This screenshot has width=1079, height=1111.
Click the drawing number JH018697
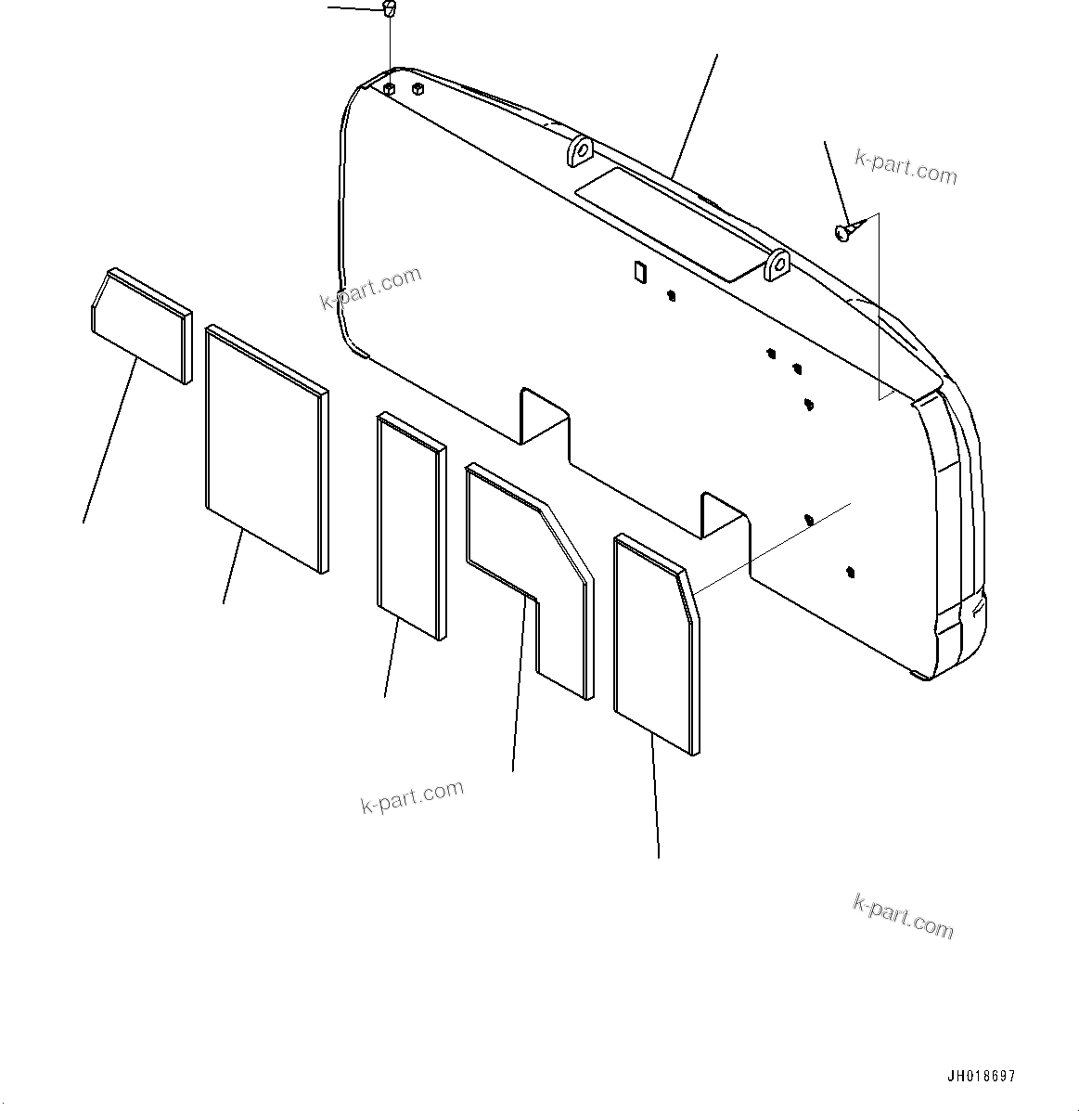(x=981, y=1077)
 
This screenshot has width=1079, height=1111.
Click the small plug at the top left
(x=390, y=10)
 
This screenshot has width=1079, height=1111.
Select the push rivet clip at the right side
(x=845, y=231)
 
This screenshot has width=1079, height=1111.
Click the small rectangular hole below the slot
(x=638, y=270)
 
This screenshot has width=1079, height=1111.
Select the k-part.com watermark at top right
(x=906, y=168)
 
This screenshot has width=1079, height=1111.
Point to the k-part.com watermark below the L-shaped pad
(x=412, y=796)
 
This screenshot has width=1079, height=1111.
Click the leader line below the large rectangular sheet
(x=234, y=566)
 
